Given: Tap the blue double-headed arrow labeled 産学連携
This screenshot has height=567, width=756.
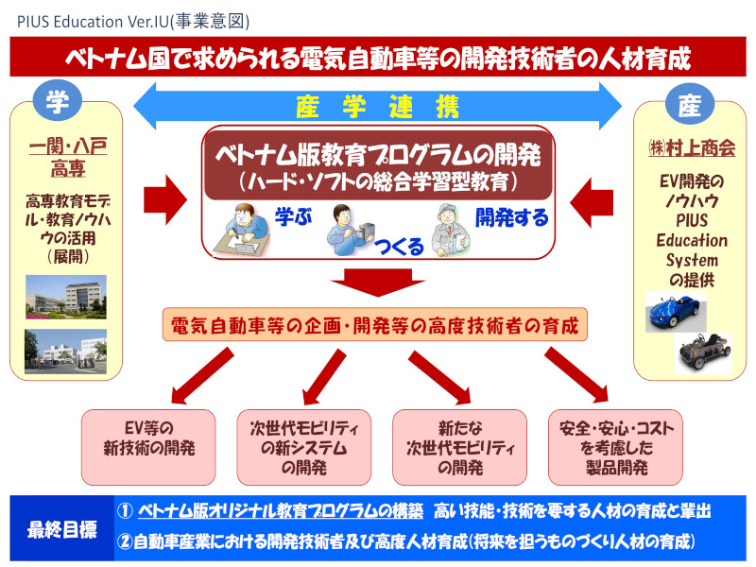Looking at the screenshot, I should point(377,101).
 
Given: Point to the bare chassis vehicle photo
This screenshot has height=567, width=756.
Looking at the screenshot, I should point(703,352).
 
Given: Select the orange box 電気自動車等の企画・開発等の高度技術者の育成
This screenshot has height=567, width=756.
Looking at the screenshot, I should point(375,325).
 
